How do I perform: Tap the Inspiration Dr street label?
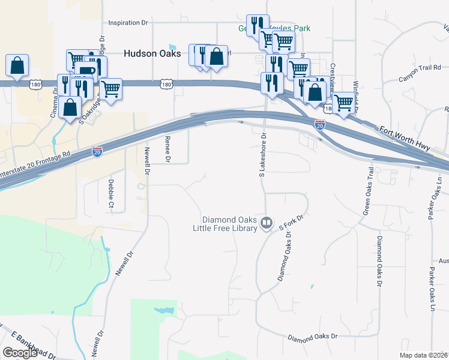pos(128,23)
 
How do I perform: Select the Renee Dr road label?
pos(168,149)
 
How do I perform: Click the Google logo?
pos(20,353)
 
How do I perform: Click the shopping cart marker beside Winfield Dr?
pos(343,103)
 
